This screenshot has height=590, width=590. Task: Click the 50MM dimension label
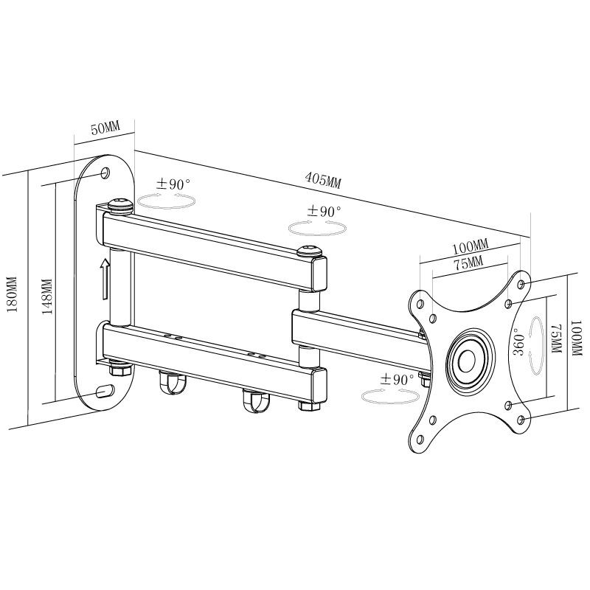[104, 128]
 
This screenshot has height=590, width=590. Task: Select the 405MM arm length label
[323, 180]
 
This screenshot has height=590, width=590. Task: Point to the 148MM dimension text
[46, 296]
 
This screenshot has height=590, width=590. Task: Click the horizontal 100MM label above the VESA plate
[470, 245]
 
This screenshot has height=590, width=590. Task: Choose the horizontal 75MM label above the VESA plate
[467, 262]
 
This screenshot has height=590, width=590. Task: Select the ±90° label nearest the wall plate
[174, 184]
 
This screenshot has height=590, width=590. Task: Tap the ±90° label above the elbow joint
[324, 211]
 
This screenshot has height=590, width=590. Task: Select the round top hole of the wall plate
[105, 173]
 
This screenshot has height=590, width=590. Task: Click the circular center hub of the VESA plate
[467, 361]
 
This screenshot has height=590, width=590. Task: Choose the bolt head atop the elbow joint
[310, 251]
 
